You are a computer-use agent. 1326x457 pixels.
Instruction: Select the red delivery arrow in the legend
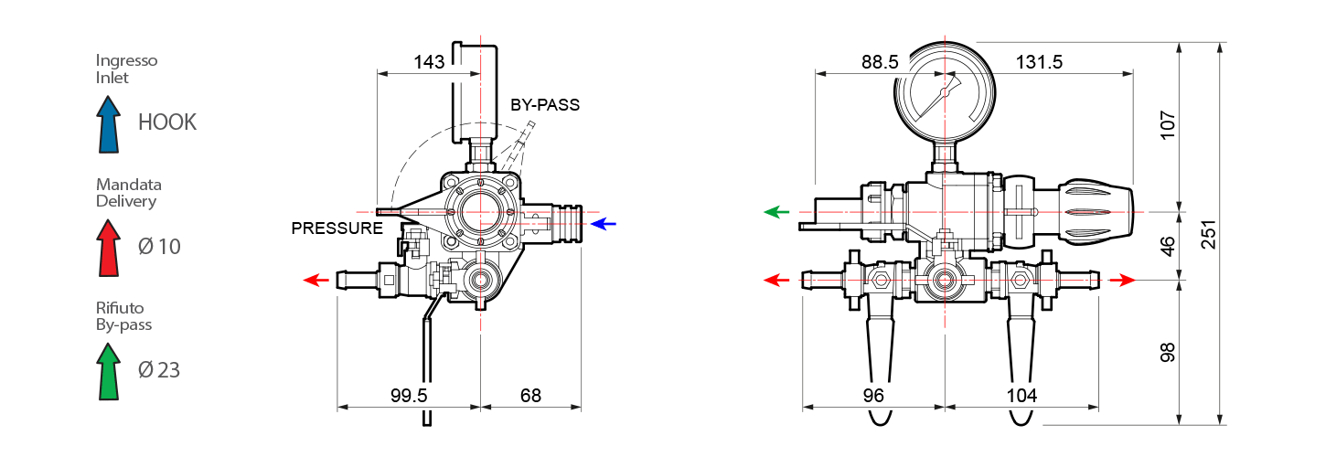[x=109, y=249]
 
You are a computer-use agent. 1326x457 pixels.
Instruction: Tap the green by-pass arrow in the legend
[x=109, y=372]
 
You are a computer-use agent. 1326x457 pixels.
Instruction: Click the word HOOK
[x=167, y=122]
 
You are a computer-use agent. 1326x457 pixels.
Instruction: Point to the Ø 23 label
[x=159, y=370]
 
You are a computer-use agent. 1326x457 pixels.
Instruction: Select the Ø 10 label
[x=159, y=246]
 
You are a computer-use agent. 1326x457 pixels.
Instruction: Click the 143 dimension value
[x=429, y=62]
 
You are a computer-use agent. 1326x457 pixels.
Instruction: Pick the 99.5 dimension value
[x=410, y=396]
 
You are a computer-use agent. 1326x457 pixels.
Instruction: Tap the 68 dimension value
[x=530, y=396]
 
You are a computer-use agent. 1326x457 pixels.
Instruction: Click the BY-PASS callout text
[x=545, y=105]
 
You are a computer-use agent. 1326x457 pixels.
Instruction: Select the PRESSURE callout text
[x=337, y=228]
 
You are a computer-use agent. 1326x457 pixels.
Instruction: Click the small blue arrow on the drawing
[x=604, y=223]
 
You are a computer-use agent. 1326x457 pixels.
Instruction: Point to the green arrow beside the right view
[x=776, y=212]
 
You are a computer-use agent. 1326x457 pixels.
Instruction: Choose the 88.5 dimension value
[x=880, y=62]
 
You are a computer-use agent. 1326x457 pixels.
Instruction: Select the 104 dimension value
[x=1021, y=396]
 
